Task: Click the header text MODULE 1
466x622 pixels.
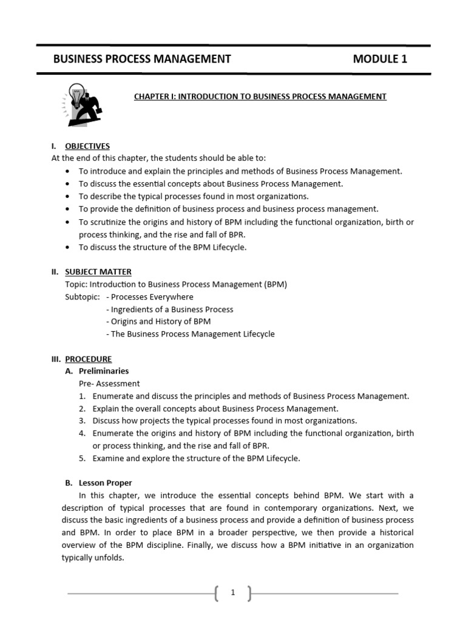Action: point(380,59)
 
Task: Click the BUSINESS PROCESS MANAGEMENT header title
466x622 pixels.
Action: point(142,59)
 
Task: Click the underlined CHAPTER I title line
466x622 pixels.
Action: point(260,97)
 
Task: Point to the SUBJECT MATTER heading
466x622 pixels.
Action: point(98,272)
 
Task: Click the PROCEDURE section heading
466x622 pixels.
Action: point(89,359)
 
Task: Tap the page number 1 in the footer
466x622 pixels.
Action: point(232,593)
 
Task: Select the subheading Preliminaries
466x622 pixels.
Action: point(104,371)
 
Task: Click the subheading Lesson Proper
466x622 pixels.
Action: point(106,483)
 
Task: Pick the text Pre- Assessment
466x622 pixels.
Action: point(109,383)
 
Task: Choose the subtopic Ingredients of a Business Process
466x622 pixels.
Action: point(169,309)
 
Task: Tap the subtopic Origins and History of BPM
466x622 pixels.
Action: point(158,321)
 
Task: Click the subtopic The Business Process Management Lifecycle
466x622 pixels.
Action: point(190,334)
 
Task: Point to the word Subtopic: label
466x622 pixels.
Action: point(82,297)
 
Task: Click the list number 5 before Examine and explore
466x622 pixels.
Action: point(81,458)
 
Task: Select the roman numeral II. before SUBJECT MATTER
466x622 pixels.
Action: point(55,272)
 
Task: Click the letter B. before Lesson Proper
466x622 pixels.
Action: point(69,483)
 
